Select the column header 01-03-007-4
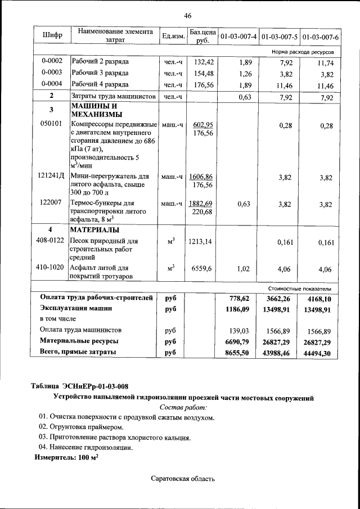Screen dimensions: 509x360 [x=238, y=37]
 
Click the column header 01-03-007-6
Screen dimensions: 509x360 [x=320, y=37]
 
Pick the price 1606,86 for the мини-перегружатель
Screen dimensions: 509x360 [x=201, y=177]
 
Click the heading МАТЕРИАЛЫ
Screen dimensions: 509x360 [x=94, y=230]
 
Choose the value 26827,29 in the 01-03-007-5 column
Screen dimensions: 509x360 [x=280, y=341]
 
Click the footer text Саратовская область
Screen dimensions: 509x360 [x=183, y=479]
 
